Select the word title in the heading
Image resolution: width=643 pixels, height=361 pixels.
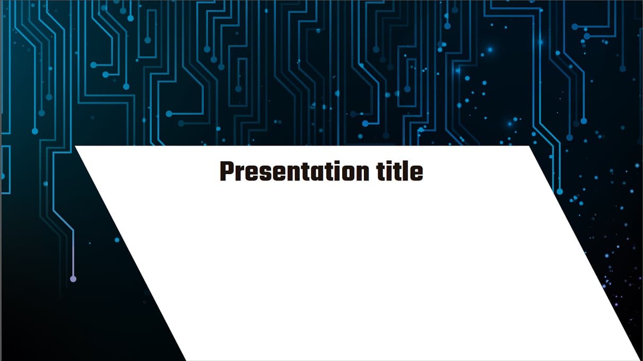point(401,171)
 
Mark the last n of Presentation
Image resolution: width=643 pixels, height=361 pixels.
point(363,174)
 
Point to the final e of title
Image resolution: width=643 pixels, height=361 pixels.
point(417,174)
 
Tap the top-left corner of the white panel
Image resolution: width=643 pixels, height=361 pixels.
point(76,147)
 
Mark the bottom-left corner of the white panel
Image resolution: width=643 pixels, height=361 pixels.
point(186,359)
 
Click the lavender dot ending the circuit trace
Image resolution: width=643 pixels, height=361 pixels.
point(73,279)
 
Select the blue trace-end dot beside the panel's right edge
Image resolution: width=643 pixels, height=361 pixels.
point(559,191)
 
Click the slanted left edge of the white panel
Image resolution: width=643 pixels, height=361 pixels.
point(131,253)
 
